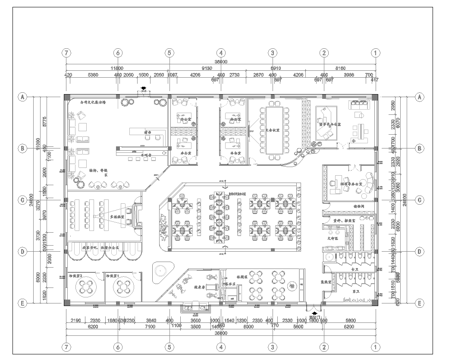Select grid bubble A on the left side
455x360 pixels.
[x=20, y=98]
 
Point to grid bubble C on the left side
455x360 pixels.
[x=20, y=199]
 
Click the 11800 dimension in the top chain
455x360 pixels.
[x=117, y=67]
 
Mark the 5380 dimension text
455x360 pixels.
[x=92, y=75]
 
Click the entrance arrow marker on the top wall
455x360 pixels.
[x=143, y=90]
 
